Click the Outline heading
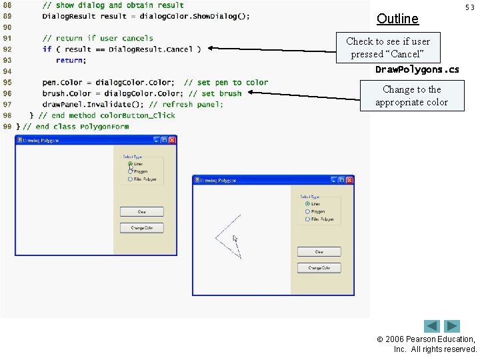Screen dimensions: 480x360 (x=397, y=19)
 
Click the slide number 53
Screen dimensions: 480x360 (x=469, y=7)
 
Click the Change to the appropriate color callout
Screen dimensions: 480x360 (x=411, y=95)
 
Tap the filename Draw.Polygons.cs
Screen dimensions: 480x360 (x=417, y=69)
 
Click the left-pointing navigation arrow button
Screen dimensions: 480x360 (x=432, y=327)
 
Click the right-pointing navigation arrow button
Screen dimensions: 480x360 (x=453, y=327)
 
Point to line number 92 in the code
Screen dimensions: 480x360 (x=7, y=49)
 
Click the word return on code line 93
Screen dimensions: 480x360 (x=70, y=60)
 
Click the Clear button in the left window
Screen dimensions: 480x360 (x=141, y=212)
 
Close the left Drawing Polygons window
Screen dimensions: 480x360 (x=172, y=140)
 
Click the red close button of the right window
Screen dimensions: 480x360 (x=349, y=180)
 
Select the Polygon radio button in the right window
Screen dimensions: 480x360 (x=307, y=211)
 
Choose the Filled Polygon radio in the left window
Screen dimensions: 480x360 (x=130, y=179)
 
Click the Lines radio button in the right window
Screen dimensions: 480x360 (x=307, y=204)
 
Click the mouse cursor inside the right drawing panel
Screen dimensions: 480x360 (x=235, y=239)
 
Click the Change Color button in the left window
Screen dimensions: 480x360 (x=141, y=228)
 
